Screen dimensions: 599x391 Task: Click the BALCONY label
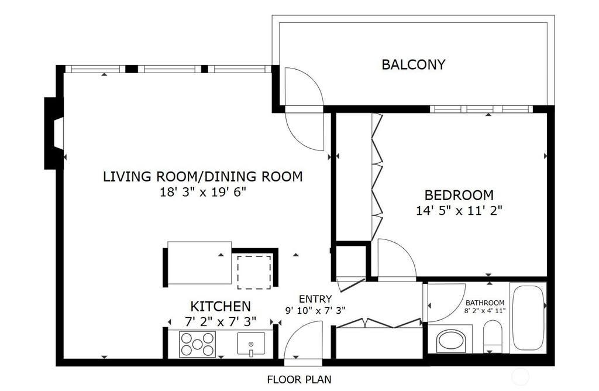click(414, 64)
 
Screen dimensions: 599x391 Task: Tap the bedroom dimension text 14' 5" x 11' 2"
click(459, 210)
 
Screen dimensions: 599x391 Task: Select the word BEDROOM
click(459, 195)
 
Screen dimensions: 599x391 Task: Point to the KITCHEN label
click(221, 306)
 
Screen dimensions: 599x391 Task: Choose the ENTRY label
click(315, 299)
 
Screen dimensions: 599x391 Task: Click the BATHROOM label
click(485, 303)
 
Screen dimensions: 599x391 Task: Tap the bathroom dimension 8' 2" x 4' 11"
click(485, 310)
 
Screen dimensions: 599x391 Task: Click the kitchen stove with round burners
click(197, 344)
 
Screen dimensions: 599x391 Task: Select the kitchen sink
click(251, 343)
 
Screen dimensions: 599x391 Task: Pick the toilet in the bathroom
click(493, 337)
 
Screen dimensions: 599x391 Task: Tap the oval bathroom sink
click(451, 341)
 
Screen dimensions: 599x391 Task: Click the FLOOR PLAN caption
click(299, 379)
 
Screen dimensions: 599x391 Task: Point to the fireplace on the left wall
click(54, 133)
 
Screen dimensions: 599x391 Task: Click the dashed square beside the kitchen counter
click(254, 272)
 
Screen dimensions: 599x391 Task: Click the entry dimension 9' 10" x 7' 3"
click(315, 310)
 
